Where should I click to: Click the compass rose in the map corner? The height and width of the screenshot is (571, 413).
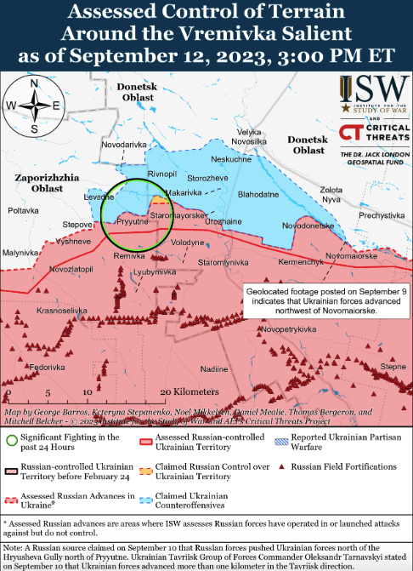pyautogui.click(x=34, y=106)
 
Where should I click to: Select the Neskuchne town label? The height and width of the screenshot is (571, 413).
pyautogui.click(x=230, y=159)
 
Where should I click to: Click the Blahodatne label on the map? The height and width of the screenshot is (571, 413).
pyautogui.click(x=258, y=195)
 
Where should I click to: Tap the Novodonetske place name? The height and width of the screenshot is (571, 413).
pyautogui.click(x=308, y=226)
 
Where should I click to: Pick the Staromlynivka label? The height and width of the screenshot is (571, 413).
pyautogui.click(x=223, y=264)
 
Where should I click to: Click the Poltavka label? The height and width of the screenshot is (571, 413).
pyautogui.click(x=23, y=210)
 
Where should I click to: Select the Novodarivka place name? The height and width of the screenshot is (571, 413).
pyautogui.click(x=122, y=145)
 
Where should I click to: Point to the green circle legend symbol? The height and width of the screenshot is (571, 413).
pyautogui.click(x=11, y=441)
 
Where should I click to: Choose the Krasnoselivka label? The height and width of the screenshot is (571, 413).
pyautogui.click(x=65, y=311)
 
